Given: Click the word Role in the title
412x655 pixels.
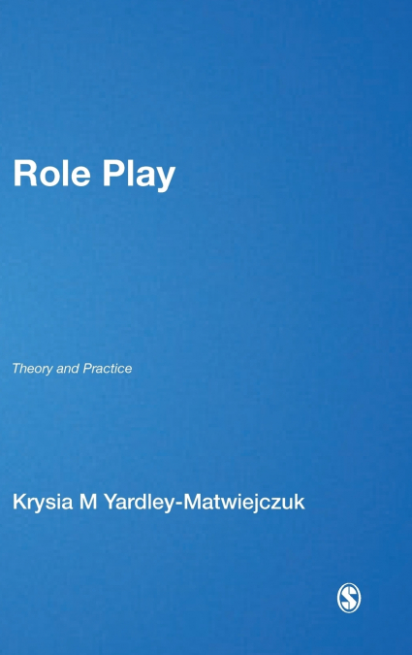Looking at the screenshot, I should point(48,175).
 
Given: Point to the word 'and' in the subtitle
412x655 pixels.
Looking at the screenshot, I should point(67,369).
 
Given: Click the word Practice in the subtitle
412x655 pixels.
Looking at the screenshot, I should point(108,369).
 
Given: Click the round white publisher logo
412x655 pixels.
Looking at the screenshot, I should point(348,599).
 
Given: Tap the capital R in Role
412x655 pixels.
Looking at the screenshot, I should point(22,175).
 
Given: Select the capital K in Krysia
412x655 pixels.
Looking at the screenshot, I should point(18,502).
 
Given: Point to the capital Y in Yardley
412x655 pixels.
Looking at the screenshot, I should point(117,502).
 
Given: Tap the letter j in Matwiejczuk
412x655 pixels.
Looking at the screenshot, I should point(259,504).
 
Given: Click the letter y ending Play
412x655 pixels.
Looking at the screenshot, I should point(166,180).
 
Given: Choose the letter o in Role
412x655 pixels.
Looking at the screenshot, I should point(46,178).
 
